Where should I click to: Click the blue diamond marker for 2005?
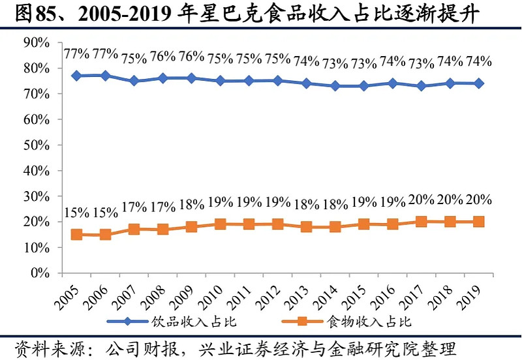pyautogui.click(x=76, y=76)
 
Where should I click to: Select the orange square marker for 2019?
pyautogui.click(x=478, y=222)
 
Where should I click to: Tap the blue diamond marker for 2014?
pyautogui.click(x=335, y=86)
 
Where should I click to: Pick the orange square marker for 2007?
pyautogui.click(x=134, y=230)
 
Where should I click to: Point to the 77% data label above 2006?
pyautogui.click(x=105, y=53)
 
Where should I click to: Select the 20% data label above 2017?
pyautogui.click(x=421, y=200)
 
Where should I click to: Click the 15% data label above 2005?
pyautogui.click(x=76, y=213)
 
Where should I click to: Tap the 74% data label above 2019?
pyautogui.click(x=478, y=61)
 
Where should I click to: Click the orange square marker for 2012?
pyautogui.click(x=277, y=224)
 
